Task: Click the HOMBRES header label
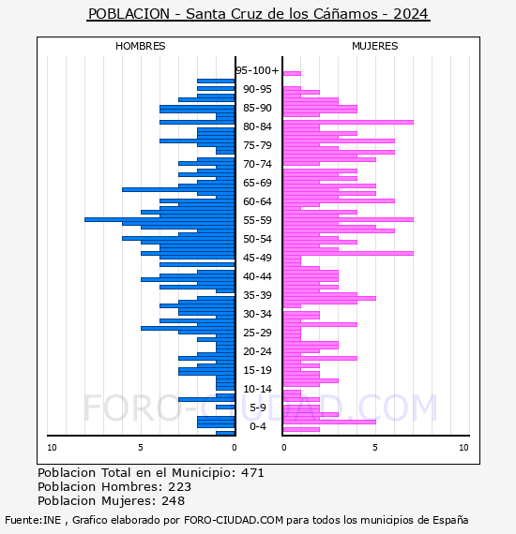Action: click(x=140, y=46)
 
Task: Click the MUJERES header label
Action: click(x=375, y=46)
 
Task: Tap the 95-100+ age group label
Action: click(x=257, y=70)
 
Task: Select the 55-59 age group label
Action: click(x=257, y=220)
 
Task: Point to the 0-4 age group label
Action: click(x=257, y=426)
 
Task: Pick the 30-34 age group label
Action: click(x=257, y=314)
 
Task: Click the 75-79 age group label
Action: click(x=257, y=145)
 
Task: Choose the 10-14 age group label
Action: click(x=257, y=389)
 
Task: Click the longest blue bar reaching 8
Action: click(x=159, y=219)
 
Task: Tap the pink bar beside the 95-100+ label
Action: click(x=292, y=73)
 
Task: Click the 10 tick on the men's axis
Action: click(x=52, y=448)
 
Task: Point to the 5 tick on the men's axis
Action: click(x=141, y=448)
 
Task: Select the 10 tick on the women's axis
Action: click(x=463, y=448)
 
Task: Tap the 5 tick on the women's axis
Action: click(x=375, y=448)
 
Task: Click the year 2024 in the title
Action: click(x=410, y=14)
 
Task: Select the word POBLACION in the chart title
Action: click(x=129, y=14)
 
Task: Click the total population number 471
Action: click(x=252, y=473)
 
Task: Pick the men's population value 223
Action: click(x=180, y=487)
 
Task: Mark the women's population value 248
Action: click(x=174, y=501)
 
